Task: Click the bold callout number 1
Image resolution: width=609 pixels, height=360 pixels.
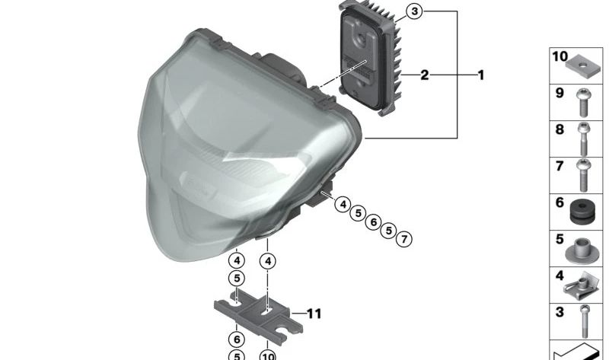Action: pos(480,75)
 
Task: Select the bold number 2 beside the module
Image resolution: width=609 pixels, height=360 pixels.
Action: pos(425,75)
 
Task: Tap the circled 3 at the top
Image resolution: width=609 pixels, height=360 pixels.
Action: pos(413,11)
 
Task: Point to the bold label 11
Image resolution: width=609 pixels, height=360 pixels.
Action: pos(315,313)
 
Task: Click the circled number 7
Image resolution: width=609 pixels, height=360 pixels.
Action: pos(404,240)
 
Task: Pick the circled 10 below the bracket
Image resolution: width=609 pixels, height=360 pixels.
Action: pos(267,355)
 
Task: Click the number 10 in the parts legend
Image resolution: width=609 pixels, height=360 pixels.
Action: pos(560,57)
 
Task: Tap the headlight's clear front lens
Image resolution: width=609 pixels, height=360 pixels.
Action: pos(221,152)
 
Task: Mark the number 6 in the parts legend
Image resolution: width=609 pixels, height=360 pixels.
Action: pos(560,203)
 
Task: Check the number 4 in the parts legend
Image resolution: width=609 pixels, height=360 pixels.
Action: pos(560,276)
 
